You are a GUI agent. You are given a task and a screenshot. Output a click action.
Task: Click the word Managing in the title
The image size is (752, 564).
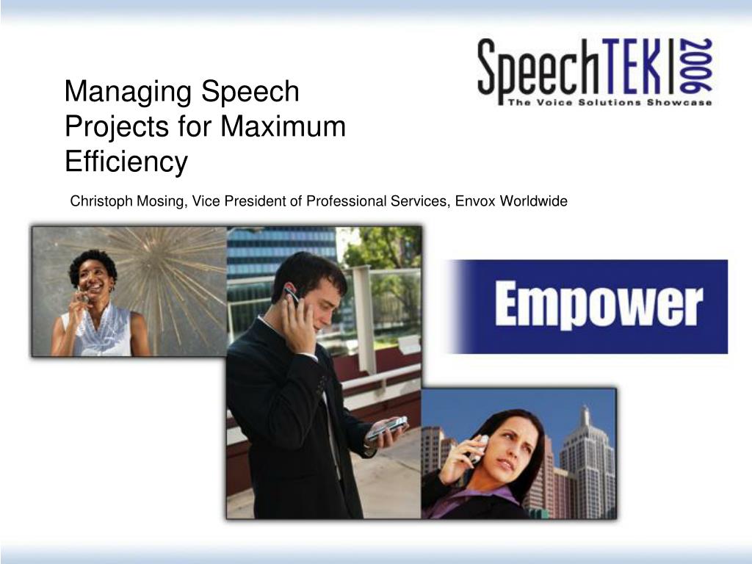pyautogui.click(x=129, y=93)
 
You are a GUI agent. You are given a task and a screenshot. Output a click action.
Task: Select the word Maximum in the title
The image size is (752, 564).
pyautogui.click(x=283, y=126)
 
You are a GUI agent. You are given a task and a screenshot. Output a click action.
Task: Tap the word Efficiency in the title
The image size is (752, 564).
pyautogui.click(x=126, y=162)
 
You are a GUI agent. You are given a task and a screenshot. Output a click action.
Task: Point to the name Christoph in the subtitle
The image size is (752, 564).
pyautogui.click(x=101, y=201)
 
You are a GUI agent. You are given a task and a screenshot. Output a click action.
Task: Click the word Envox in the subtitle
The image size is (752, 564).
pyautogui.click(x=475, y=201)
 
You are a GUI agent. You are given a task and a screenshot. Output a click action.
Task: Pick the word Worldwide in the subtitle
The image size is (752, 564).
pyautogui.click(x=533, y=201)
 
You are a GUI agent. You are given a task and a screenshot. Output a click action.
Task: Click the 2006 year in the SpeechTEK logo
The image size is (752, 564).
pyautogui.click(x=695, y=65)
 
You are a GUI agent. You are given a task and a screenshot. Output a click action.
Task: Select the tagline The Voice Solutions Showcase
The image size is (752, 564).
pyautogui.click(x=610, y=102)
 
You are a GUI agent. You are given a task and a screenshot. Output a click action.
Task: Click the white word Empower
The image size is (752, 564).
pyautogui.click(x=599, y=305)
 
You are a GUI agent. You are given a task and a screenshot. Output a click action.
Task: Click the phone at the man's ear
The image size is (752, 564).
pyautogui.click(x=291, y=294)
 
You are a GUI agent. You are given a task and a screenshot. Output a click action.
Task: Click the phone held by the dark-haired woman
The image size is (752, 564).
pyautogui.click(x=480, y=449)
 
